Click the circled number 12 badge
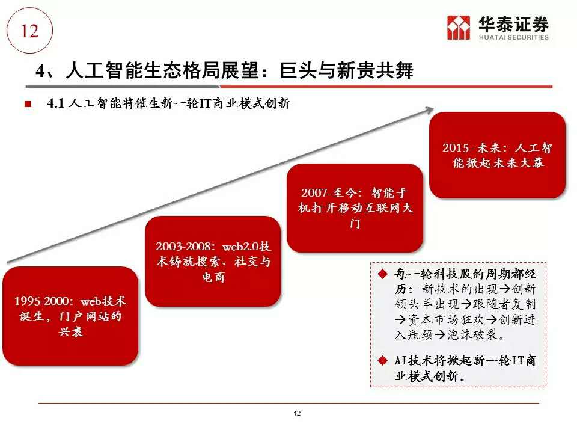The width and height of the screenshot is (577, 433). [x=30, y=31]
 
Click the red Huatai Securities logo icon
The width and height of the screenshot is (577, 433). [x=459, y=27]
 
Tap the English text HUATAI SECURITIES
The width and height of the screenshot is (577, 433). [x=514, y=37]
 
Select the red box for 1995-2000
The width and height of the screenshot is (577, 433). [x=70, y=316]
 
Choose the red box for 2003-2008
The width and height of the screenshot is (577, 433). [x=213, y=262]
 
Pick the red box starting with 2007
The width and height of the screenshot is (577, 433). [x=355, y=208]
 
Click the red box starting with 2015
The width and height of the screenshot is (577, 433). [x=497, y=155]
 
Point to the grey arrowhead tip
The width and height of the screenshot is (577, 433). [x=434, y=108]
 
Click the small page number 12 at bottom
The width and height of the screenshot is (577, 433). [x=297, y=413]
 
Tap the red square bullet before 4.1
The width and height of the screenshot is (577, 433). [x=28, y=104]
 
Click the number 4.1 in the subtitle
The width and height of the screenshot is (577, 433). [x=55, y=103]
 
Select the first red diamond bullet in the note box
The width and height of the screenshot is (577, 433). [x=383, y=274]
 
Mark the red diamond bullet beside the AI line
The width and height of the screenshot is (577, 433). [x=383, y=360]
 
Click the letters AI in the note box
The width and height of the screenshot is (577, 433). [x=401, y=360]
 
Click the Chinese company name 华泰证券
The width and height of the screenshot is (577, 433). [x=514, y=24]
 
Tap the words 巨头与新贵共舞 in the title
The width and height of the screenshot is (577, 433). [x=346, y=70]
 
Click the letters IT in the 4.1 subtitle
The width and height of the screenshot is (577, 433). [x=204, y=103]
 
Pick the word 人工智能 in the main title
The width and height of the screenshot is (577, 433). [x=104, y=70]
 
